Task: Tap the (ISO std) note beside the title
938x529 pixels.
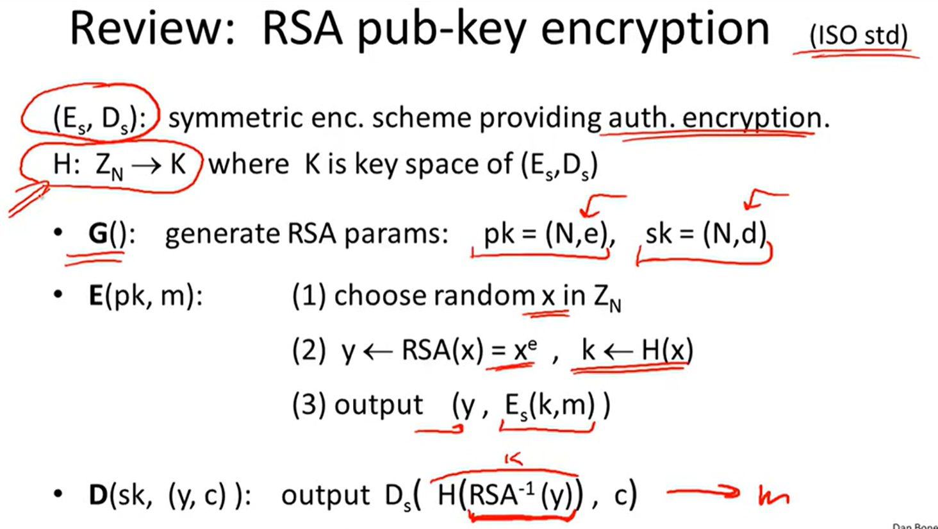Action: pyautogui.click(x=859, y=35)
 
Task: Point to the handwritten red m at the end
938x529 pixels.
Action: pyautogui.click(x=773, y=495)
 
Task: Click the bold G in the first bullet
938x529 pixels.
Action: pyautogui.click(x=98, y=234)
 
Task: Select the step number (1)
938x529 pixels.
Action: pyautogui.click(x=309, y=296)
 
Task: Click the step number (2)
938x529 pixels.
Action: pyautogui.click(x=309, y=351)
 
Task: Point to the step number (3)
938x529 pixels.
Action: pyautogui.click(x=309, y=405)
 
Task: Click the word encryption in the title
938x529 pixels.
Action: pyautogui.click(x=654, y=30)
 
